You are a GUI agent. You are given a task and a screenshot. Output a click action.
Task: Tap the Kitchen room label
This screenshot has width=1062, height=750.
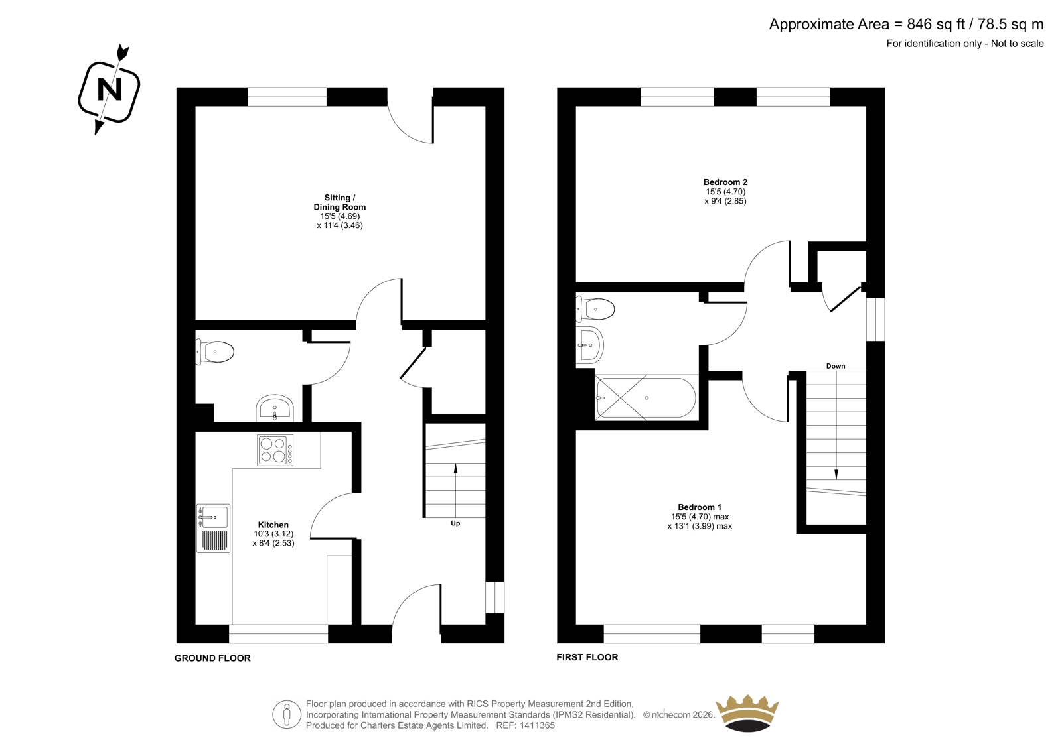273,525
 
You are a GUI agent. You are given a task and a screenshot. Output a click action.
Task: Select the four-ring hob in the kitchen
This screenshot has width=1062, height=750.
275,450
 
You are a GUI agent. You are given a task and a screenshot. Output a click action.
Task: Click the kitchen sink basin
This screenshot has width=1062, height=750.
213,516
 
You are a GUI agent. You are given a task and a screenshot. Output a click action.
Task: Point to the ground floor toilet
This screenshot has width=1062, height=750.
215,352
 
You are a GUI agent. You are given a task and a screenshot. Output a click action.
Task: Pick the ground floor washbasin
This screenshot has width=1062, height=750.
275,408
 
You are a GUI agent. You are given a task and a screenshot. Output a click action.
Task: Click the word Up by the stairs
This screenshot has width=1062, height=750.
455,523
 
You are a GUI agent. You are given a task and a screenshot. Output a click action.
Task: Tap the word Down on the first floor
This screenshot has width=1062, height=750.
836,366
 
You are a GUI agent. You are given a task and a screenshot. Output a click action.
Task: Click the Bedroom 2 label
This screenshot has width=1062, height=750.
725,182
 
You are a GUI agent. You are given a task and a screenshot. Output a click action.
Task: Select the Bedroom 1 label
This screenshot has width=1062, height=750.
700,507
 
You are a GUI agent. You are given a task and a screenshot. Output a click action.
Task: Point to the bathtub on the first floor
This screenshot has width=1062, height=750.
646,397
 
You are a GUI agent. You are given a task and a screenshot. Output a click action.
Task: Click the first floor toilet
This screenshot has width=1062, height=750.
595,310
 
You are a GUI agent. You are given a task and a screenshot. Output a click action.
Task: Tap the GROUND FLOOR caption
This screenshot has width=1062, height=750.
212,658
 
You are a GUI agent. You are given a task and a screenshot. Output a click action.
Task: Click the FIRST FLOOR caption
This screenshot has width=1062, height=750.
587,657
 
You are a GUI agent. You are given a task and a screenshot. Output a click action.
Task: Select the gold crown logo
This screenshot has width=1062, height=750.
747,713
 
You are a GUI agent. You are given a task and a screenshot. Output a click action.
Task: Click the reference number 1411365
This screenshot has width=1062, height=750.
536,725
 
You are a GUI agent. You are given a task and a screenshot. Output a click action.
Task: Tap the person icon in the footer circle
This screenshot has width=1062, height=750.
286,715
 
